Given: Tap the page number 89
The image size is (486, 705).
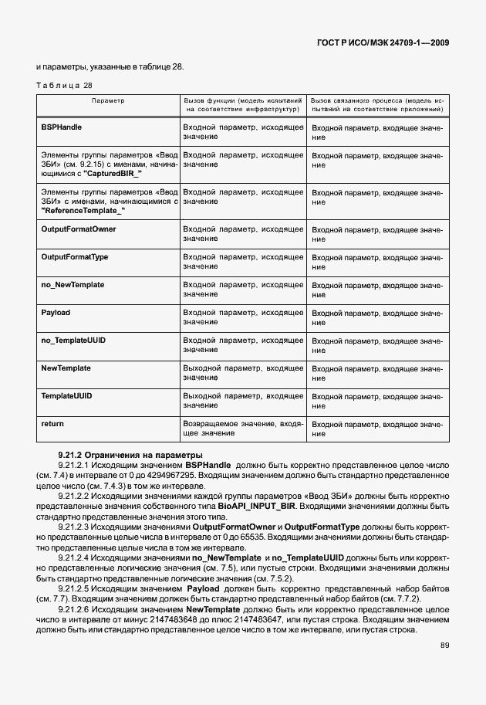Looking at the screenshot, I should point(444,645).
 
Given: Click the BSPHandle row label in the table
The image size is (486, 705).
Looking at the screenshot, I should point(62,127).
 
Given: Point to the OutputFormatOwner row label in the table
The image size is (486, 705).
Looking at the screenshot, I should point(78,229).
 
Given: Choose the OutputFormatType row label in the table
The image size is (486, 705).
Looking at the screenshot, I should point(74,257).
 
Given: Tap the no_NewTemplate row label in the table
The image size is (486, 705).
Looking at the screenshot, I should point(73,285).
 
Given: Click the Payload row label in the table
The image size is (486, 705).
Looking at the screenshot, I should point(56,313).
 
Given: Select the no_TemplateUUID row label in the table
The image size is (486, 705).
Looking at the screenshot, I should point(73,341).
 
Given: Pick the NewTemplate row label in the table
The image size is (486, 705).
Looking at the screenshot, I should point(66,368).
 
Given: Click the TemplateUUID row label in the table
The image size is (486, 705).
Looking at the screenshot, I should point(66,396).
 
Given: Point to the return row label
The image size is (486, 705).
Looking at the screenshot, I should point(52,424).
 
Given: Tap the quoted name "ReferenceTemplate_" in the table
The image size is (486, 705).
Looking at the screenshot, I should point(83,210).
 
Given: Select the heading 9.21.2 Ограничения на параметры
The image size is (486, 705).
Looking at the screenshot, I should point(120,455).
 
